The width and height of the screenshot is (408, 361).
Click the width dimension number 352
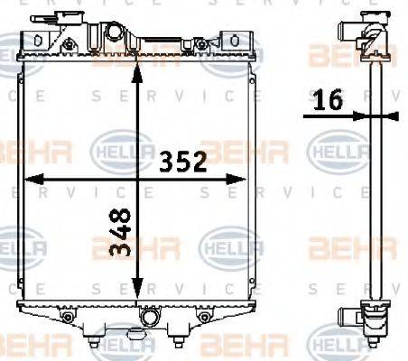[x=184, y=162]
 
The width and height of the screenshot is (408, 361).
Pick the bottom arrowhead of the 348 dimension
[x=136, y=296]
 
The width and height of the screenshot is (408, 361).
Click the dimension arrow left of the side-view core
[x=356, y=115]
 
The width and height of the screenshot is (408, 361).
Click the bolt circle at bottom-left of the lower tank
[x=67, y=318]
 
